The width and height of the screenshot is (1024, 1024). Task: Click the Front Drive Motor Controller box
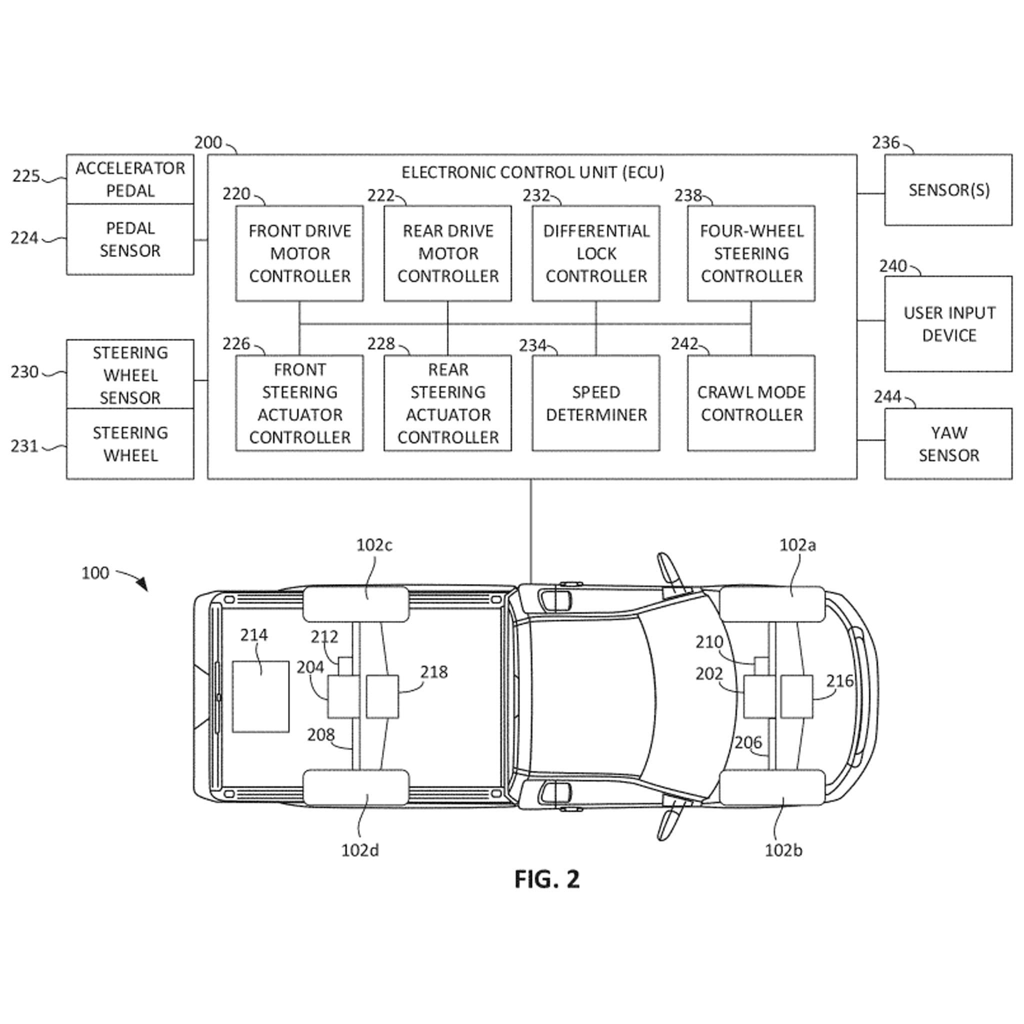pyautogui.click(x=299, y=253)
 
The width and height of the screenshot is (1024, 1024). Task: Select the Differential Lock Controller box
pyautogui.click(x=595, y=253)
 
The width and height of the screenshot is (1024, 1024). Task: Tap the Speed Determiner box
pyautogui.click(x=595, y=403)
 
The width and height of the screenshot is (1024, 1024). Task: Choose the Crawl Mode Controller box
pyautogui.click(x=751, y=403)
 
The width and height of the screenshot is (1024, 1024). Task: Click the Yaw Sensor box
pyautogui.click(x=948, y=443)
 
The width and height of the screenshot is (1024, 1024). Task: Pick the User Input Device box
pyautogui.click(x=948, y=323)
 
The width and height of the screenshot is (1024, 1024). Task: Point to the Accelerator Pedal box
pyautogui.click(x=130, y=179)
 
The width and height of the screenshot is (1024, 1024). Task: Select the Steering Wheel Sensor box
pyautogui.click(x=130, y=374)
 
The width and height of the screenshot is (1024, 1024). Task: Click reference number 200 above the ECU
pyautogui.click(x=208, y=142)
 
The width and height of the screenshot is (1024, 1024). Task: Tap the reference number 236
pyautogui.click(x=885, y=142)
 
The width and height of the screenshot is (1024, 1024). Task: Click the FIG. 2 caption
pyautogui.click(x=547, y=879)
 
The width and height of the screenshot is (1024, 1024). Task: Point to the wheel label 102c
pyautogui.click(x=374, y=545)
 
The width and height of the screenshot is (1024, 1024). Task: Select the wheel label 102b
pyautogui.click(x=783, y=850)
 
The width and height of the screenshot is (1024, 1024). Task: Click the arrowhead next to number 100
pyautogui.click(x=142, y=584)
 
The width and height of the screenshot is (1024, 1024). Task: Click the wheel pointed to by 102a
pyautogui.click(x=771, y=603)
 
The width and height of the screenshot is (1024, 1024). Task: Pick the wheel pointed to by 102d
pyautogui.click(x=355, y=787)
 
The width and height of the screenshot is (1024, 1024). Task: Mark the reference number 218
pyautogui.click(x=434, y=672)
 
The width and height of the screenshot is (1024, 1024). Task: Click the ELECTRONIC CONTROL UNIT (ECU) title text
pyautogui.click(x=532, y=172)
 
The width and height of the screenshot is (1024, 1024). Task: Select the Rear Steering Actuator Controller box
pyautogui.click(x=448, y=403)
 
